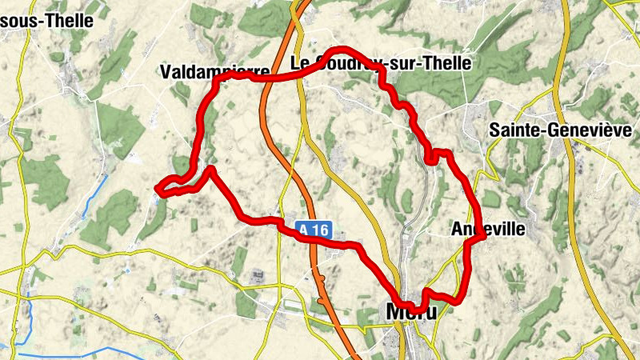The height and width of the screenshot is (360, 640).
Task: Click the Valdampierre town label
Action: click(214, 72)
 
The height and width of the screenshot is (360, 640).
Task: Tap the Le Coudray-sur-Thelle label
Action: click(380, 63)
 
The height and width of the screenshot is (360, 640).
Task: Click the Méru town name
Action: click(411, 310)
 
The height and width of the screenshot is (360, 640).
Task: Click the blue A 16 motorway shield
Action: click(314, 230)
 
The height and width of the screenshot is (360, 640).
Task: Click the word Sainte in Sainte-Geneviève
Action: click(514, 130)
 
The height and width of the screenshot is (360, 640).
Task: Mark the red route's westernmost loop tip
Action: click(160, 190)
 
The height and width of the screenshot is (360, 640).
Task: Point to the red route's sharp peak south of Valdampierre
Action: click(210, 169)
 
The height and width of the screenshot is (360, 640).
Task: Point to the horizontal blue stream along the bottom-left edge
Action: click(72, 353)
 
